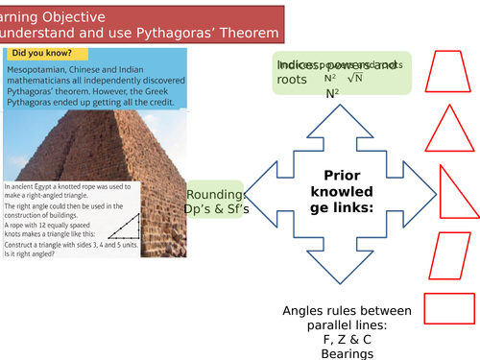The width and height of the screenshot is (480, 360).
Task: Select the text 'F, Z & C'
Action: click(347, 340)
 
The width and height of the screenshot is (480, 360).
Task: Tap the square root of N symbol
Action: click(354, 78)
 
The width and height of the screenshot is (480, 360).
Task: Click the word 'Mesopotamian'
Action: click(42, 72)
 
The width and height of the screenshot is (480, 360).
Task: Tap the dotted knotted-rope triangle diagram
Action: click(121, 226)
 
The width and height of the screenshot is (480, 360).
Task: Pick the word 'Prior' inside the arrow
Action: click(343, 177)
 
